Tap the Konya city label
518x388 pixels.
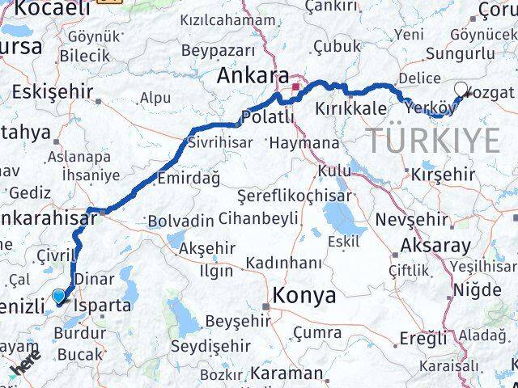pos(305,296)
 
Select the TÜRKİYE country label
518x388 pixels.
pos(435,141)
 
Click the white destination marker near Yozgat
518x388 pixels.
pos(461,91)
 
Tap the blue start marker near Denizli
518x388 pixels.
pos(59,297)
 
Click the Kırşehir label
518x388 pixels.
pos(443,175)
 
